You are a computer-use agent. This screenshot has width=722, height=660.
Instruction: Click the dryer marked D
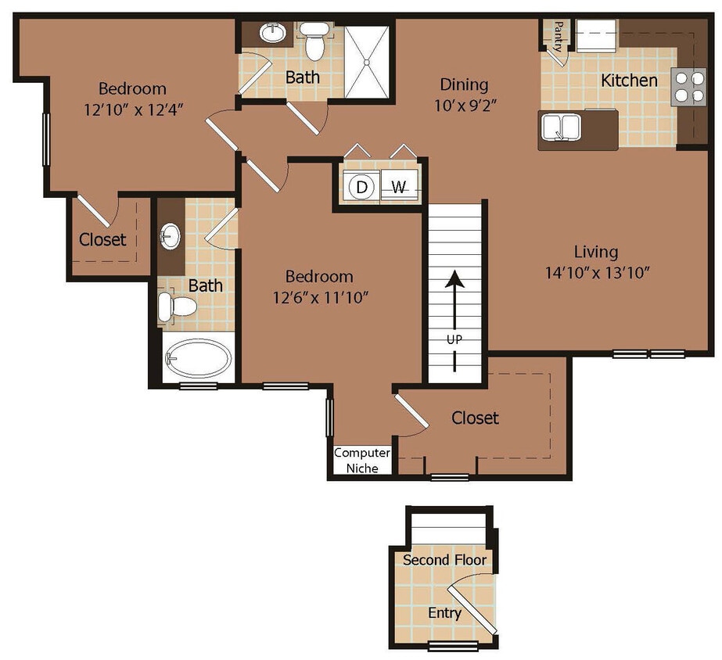(361, 187)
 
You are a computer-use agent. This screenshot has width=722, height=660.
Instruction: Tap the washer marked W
(399, 187)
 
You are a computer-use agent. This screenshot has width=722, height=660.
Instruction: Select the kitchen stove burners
(688, 86)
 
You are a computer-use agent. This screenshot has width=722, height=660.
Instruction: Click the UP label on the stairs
(455, 339)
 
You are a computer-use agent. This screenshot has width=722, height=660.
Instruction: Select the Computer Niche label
(362, 461)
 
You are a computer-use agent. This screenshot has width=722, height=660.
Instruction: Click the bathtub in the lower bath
(199, 358)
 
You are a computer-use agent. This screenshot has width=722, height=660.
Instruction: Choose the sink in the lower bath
(171, 235)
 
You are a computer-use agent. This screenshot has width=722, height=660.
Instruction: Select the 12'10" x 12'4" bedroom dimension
(133, 109)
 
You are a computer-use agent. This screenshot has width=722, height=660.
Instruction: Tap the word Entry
(444, 613)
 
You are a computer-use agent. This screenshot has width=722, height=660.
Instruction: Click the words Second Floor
(444, 560)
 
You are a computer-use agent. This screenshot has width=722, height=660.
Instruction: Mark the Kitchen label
(629, 80)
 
